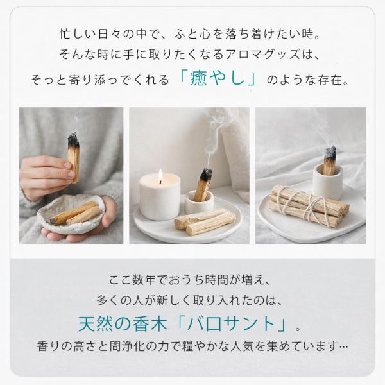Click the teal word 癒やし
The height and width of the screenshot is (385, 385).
(218, 79)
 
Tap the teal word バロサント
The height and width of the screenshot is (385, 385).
(231, 324)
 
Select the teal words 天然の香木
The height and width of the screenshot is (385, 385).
(123, 324)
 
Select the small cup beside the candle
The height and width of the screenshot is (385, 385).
(199, 203)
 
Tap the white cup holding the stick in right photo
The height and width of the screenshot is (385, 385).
(327, 181)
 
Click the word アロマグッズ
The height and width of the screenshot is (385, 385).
(262, 55)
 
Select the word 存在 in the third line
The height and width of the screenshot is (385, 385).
(330, 80)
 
